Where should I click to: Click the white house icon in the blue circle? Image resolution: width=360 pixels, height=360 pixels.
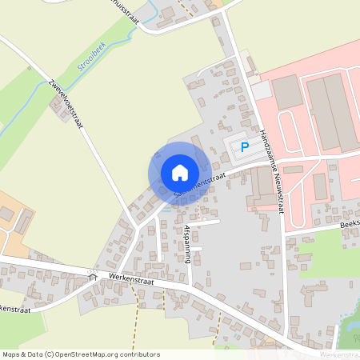tap(180, 172)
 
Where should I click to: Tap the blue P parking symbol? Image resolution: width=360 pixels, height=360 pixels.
tap(245, 146)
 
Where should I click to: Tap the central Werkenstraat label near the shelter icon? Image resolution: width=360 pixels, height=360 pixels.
tap(131, 282)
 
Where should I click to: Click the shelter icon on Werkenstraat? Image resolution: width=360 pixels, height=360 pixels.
tap(93, 277)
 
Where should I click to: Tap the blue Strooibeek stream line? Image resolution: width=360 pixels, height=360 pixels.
tap(48, 87)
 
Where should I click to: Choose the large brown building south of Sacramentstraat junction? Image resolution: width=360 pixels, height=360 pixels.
tap(261, 186)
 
